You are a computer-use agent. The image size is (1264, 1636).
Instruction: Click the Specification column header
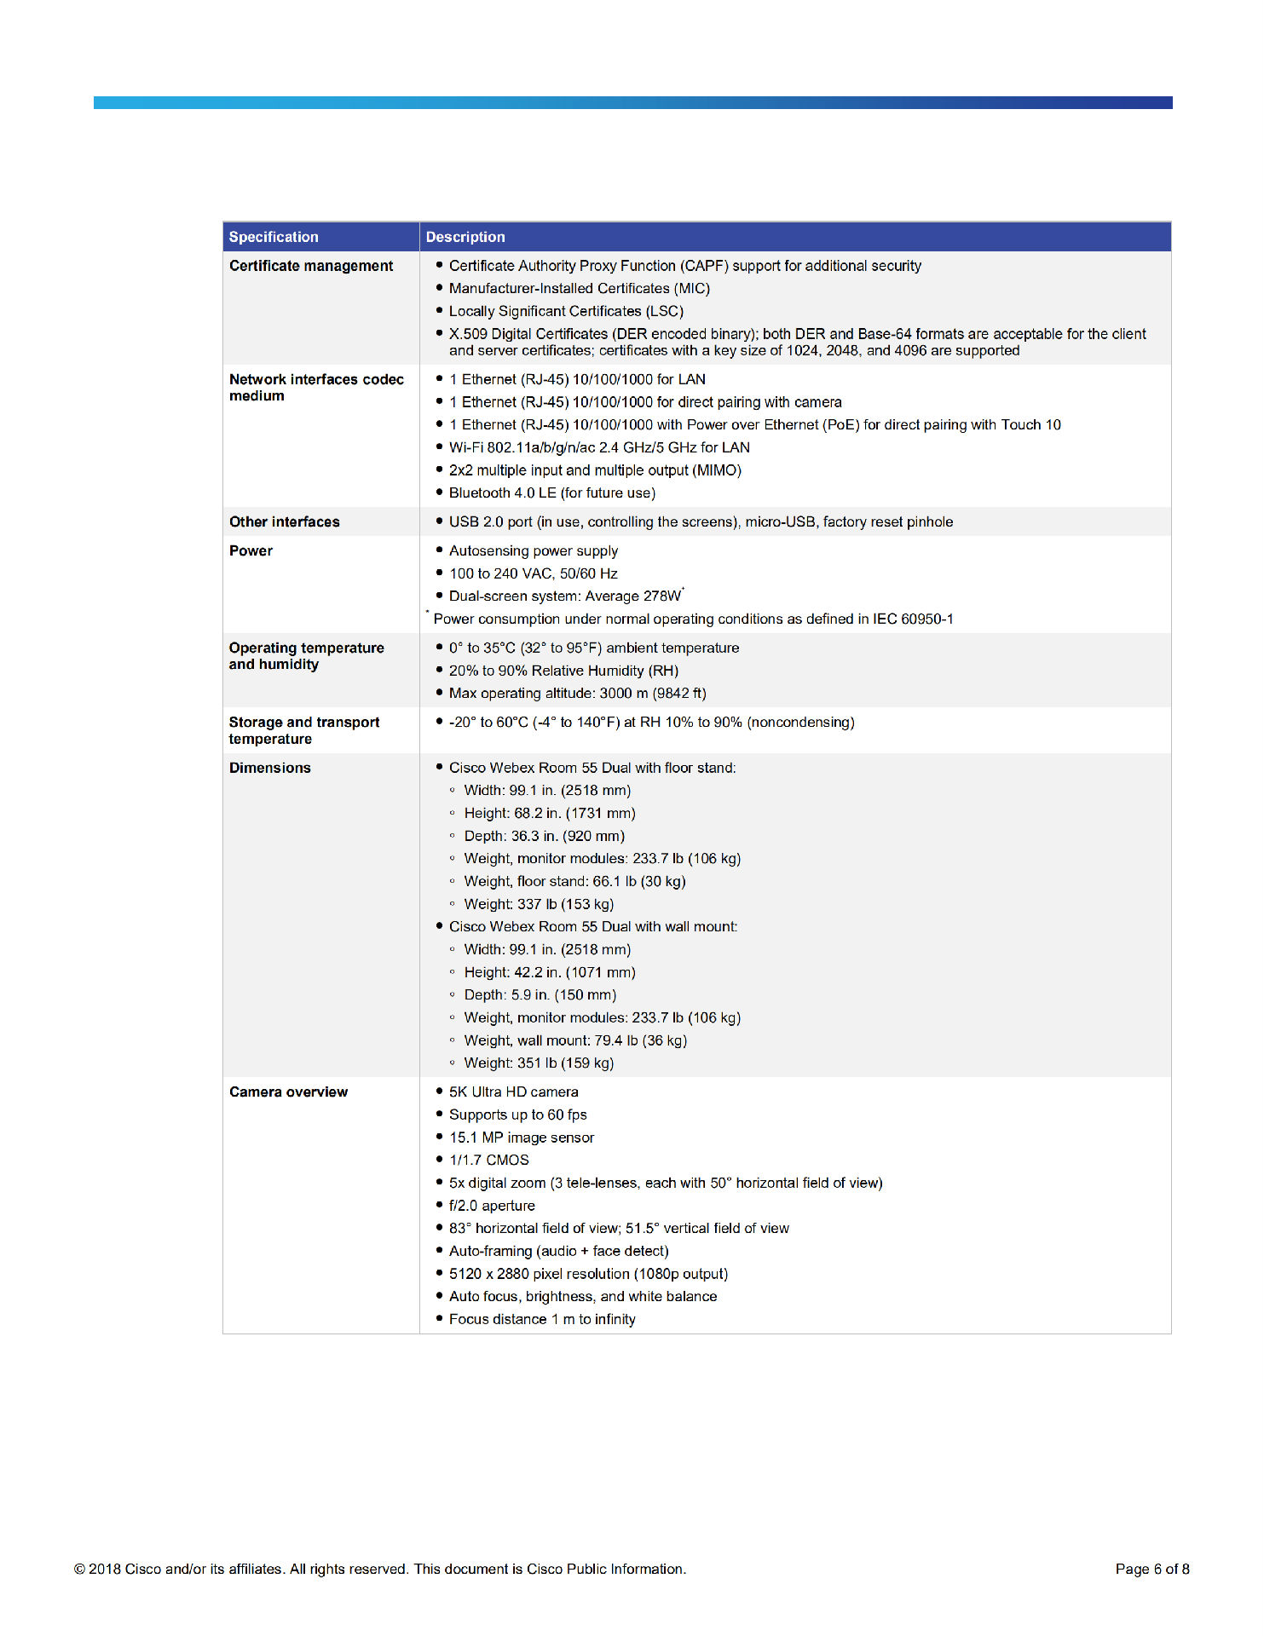[x=274, y=237]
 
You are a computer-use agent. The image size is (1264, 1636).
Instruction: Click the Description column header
[x=465, y=237]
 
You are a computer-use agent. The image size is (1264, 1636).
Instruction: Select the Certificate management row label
[x=311, y=266]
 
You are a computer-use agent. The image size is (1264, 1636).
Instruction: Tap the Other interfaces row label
[x=284, y=521]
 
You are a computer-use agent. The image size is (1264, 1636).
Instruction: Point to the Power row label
[x=251, y=550]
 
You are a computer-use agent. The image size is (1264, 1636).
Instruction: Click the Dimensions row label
[x=269, y=768]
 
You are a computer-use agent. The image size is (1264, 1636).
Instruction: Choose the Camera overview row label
[x=288, y=1092]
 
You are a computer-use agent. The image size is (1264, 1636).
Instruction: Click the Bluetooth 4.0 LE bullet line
[x=551, y=493]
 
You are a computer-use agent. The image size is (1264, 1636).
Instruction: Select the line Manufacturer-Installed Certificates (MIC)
[x=579, y=288]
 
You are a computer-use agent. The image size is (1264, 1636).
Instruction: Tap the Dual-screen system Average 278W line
[x=565, y=596]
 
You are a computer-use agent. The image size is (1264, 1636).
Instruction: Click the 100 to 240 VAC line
[x=533, y=573]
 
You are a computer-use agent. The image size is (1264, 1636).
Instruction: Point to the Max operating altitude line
[x=577, y=693]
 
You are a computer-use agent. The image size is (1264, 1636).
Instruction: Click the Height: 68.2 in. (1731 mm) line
[x=549, y=813]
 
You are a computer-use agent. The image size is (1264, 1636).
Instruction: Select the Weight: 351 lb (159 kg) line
[x=538, y=1063]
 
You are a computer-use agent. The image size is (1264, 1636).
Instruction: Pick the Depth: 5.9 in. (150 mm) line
[x=540, y=994]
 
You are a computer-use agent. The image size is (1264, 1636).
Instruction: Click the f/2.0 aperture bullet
[x=492, y=1205]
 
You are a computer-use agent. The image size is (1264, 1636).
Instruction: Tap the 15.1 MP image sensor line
[x=521, y=1137]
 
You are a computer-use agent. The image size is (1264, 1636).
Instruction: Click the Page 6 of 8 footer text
[x=1151, y=1569]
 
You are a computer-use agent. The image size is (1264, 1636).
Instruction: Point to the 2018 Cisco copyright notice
[x=380, y=1569]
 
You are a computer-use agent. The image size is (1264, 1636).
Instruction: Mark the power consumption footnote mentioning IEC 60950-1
[x=692, y=619]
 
